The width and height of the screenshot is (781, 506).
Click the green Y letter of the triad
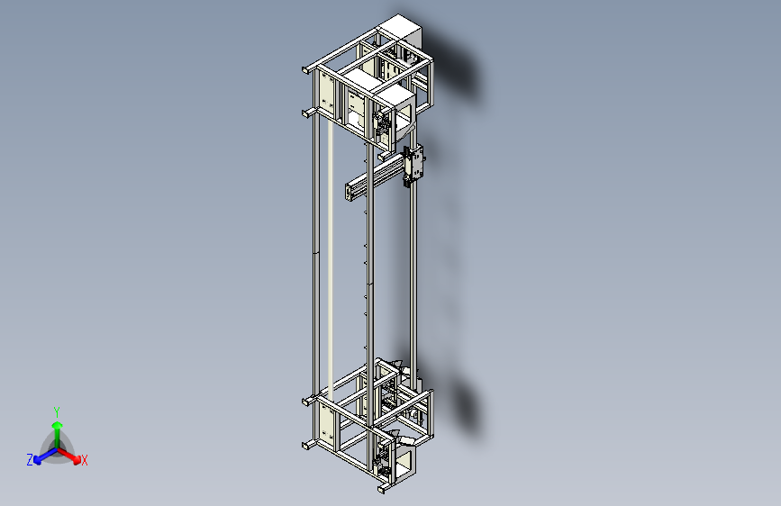pos(57,411)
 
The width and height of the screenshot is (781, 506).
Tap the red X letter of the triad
pos(85,460)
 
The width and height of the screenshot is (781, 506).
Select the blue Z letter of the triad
pos(30,460)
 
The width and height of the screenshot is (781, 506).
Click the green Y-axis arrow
pos(57,427)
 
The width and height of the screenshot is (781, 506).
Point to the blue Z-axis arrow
pos(41,456)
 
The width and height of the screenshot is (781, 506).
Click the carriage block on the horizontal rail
pos(415,165)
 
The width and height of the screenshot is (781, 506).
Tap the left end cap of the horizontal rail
pos(350,191)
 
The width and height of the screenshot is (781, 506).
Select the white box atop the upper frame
pos(400,32)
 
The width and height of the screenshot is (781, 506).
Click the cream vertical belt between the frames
pos(330,261)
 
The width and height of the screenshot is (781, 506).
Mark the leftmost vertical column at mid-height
pos(314,261)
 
